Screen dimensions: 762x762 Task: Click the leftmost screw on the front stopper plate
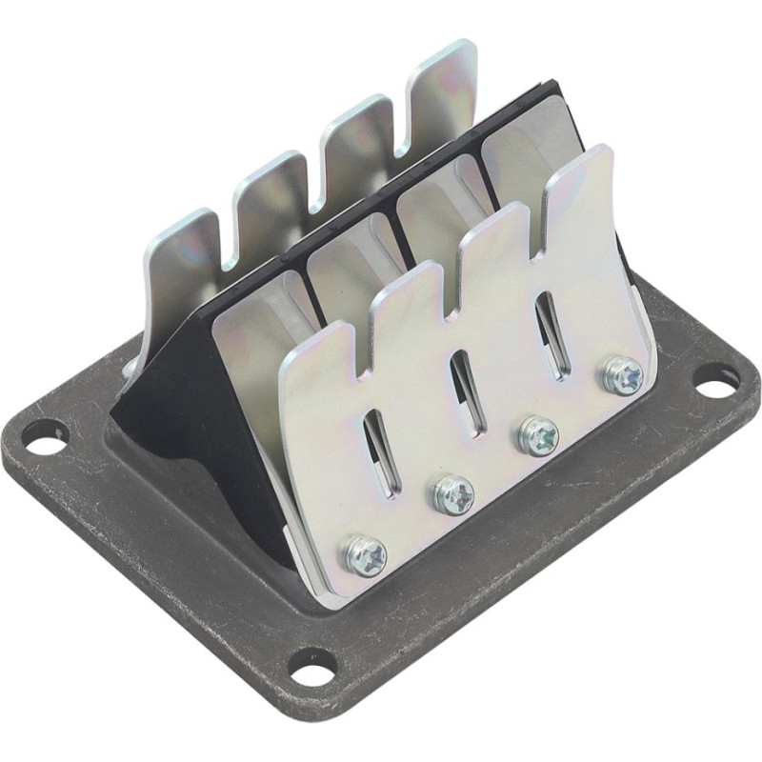coord(365,554)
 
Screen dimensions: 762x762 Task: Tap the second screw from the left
coord(452,494)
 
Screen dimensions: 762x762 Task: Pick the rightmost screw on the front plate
coord(622,375)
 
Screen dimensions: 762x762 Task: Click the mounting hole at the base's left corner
coord(44,438)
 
